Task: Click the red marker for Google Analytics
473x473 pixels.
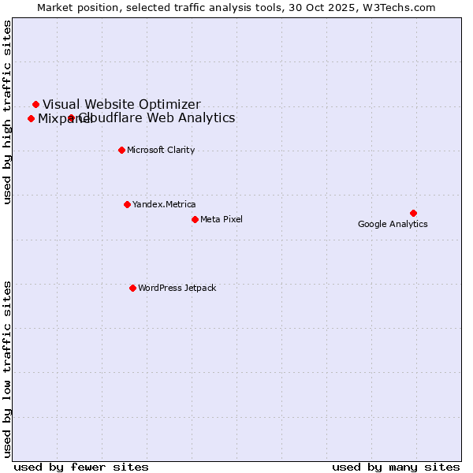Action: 413,213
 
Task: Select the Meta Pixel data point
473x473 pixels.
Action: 195,219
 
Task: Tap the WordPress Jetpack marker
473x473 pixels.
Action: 132,288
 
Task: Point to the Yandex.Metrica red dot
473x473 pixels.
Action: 127,204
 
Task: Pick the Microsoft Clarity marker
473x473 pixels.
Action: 121,150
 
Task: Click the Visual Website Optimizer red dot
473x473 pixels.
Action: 35,104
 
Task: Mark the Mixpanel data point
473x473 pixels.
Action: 31,119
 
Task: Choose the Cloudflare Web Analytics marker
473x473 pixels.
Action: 71,118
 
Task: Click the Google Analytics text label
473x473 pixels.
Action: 393,225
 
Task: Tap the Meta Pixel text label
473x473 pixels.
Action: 222,219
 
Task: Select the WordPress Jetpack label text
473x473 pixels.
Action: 177,289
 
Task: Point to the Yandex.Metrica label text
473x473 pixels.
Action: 164,205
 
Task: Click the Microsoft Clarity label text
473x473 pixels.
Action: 161,151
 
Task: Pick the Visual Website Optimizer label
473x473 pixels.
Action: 121,104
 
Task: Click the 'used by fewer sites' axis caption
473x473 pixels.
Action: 81,467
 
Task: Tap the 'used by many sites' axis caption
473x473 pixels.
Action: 396,467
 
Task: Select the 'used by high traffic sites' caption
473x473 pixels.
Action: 8,112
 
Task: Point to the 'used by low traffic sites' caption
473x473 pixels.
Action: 8,368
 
